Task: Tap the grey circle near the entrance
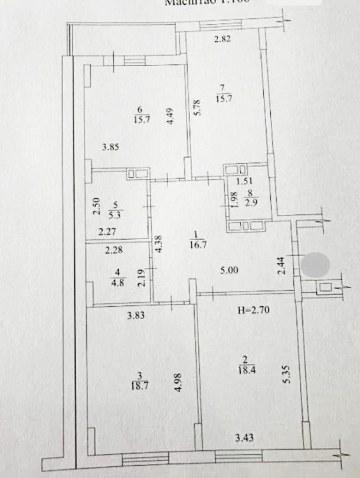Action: pos(315,264)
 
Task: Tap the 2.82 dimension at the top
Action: pos(222,40)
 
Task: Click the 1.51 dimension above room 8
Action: pos(245,182)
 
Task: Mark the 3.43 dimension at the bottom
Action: pos(245,437)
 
